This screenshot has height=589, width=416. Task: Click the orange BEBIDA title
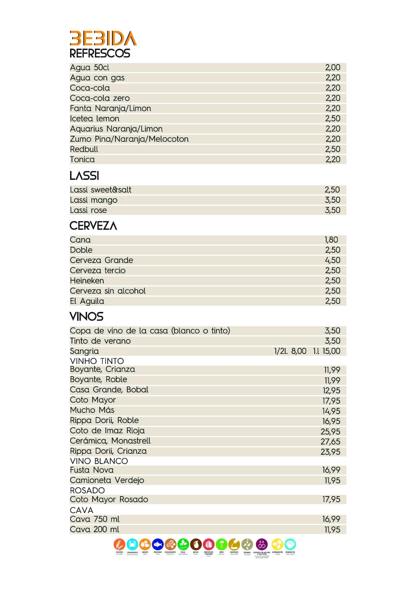[x=103, y=39]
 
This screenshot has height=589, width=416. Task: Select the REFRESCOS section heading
[x=100, y=53]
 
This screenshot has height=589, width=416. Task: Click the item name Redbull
[x=84, y=149]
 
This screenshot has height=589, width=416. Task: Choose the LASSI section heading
[x=84, y=176]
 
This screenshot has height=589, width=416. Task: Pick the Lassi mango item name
[x=94, y=200]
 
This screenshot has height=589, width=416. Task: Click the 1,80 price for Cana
[x=331, y=240]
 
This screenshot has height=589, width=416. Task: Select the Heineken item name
[x=87, y=281]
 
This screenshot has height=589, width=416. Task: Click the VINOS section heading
[x=86, y=317]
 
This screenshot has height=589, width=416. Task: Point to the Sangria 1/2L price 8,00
[x=299, y=351]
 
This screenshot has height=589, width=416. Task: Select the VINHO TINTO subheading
[x=97, y=361]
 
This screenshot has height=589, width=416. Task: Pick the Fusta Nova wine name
[x=91, y=470]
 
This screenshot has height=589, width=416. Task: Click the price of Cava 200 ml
[x=332, y=529]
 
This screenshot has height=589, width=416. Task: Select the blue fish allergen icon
[x=158, y=544]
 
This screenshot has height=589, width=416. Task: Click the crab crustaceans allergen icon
[x=132, y=544]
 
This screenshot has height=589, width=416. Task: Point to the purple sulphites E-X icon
[x=262, y=544]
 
